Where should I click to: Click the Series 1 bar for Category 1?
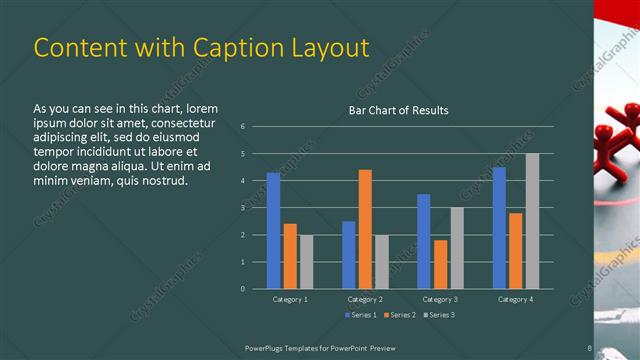click(x=273, y=230)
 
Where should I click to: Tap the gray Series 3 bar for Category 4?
click(x=532, y=221)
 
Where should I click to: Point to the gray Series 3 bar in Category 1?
click(x=306, y=262)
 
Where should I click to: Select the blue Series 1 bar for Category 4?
click(x=499, y=228)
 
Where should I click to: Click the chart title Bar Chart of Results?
click(x=398, y=110)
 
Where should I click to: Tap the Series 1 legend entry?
click(x=362, y=316)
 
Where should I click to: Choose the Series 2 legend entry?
click(x=399, y=316)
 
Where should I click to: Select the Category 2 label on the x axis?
click(x=366, y=299)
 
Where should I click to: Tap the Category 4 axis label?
click(x=516, y=299)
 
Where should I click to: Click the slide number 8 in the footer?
click(x=590, y=347)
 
